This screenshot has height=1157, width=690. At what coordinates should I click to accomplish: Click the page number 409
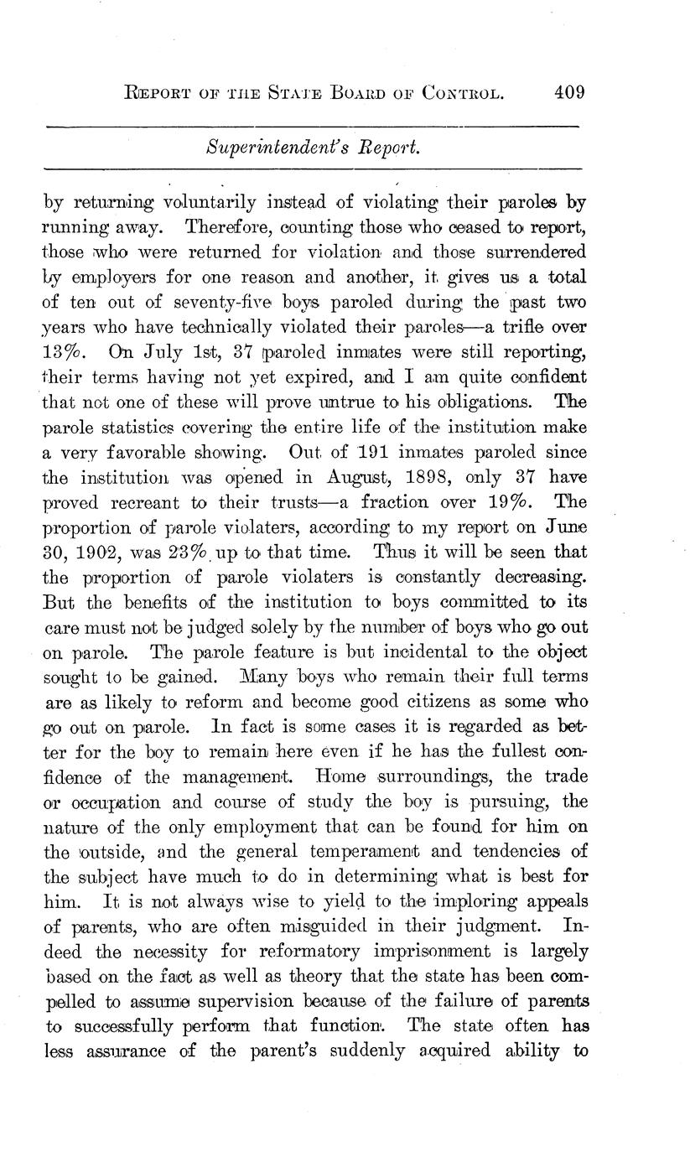point(568,91)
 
